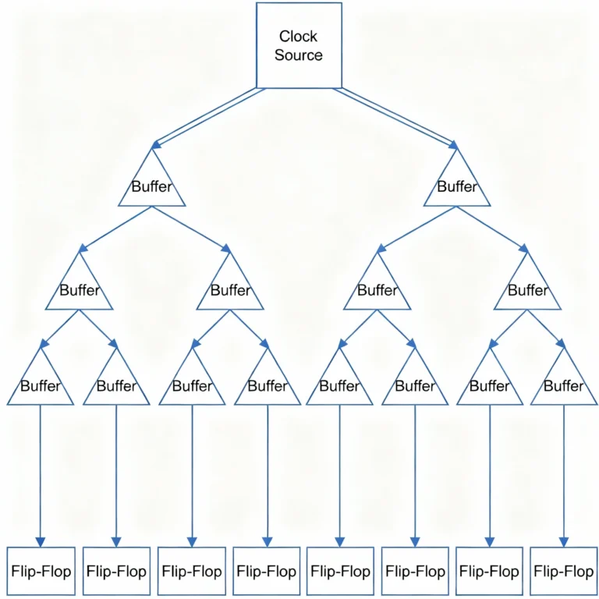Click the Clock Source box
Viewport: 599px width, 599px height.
click(x=299, y=45)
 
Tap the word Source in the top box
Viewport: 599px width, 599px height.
click(x=299, y=56)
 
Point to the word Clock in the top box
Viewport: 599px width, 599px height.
click(x=299, y=36)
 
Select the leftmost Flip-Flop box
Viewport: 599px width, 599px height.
click(x=41, y=572)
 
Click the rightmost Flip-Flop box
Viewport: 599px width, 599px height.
click(x=563, y=572)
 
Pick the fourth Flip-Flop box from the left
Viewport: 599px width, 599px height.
click(x=267, y=572)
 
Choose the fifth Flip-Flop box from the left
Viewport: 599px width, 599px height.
click(x=340, y=572)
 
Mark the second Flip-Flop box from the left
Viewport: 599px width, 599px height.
click(x=116, y=572)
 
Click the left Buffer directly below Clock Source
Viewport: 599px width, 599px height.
click(x=152, y=186)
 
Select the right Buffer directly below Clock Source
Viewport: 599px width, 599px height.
click(x=457, y=186)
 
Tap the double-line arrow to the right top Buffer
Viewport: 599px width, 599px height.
click(x=398, y=117)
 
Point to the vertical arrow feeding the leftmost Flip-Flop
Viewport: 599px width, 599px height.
click(x=41, y=476)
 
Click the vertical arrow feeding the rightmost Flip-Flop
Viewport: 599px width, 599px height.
click(x=564, y=476)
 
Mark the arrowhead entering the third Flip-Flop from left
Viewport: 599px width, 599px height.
click(x=192, y=541)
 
